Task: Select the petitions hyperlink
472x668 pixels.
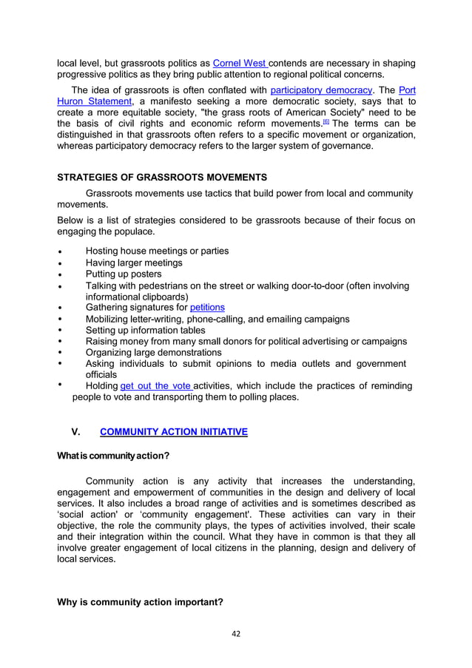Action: (207, 307)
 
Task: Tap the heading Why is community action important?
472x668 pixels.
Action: (140, 601)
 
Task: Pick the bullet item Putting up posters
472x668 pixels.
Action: (124, 274)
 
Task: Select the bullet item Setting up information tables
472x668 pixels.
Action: (145, 330)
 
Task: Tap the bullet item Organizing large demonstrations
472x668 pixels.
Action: (153, 352)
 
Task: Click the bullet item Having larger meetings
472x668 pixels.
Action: (134, 263)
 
